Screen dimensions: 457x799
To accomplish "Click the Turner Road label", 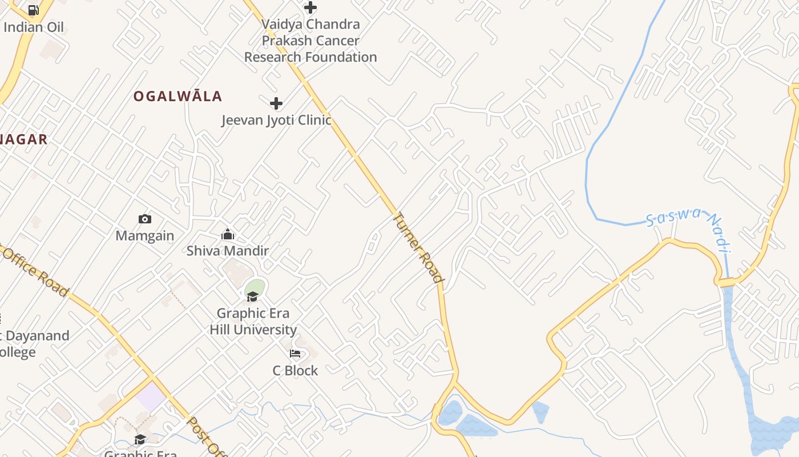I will (x=418, y=248).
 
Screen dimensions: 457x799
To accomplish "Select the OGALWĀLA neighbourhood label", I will (x=177, y=96).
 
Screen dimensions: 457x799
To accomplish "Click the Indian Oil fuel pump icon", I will (x=33, y=10).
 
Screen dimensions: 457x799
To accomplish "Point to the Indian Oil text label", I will (x=34, y=27).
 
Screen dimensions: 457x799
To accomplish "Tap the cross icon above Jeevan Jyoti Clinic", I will (x=276, y=103).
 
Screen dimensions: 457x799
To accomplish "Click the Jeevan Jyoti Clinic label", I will (x=276, y=120).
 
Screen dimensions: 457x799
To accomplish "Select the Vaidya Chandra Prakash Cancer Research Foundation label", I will (x=310, y=41).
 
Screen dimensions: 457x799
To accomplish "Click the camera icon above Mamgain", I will (x=145, y=219).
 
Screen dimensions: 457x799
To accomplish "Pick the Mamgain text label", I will (x=145, y=235).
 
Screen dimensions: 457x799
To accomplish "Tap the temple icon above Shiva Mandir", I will (x=228, y=234).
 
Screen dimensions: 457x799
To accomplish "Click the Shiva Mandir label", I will (x=228, y=250).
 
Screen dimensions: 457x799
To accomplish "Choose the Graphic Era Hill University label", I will (x=253, y=321).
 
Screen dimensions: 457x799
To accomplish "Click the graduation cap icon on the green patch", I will (x=252, y=296).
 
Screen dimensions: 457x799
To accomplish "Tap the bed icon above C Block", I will (x=295, y=354).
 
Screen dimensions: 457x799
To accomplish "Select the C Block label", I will (x=295, y=370).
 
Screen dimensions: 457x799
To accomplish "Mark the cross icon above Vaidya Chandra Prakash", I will (x=310, y=7).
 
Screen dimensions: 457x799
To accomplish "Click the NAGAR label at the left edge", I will (x=24, y=139).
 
